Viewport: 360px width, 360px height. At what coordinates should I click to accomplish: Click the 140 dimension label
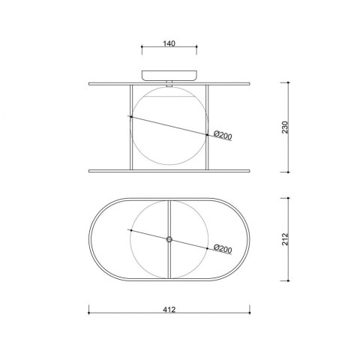pyautogui.click(x=169, y=43)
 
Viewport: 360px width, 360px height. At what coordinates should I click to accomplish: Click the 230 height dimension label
pyautogui.click(x=285, y=127)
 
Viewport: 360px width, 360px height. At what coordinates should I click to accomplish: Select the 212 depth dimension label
pyautogui.click(x=285, y=239)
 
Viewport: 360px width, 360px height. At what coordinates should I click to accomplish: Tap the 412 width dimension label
pyautogui.click(x=169, y=310)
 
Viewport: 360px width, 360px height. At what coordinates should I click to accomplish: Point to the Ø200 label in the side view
pyautogui.click(x=223, y=135)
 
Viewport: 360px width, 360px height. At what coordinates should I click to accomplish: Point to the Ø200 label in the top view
pyautogui.click(x=223, y=249)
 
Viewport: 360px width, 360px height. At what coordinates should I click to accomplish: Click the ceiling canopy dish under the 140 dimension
pyautogui.click(x=169, y=76)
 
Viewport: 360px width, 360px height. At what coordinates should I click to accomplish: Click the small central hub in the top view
pyautogui.click(x=169, y=239)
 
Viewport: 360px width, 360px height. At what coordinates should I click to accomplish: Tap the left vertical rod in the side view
pyautogui.click(x=131, y=127)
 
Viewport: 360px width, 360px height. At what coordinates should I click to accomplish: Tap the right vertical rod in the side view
pyautogui.click(x=207, y=127)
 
